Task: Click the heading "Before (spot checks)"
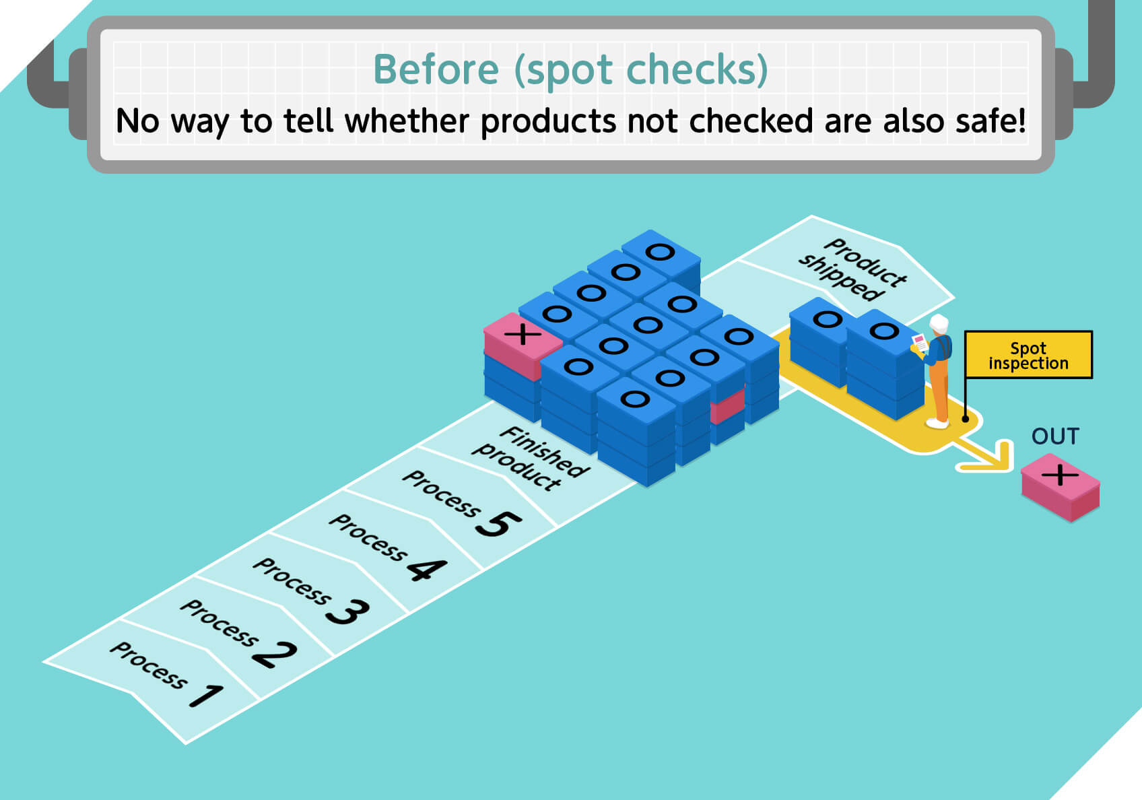pyautogui.click(x=570, y=70)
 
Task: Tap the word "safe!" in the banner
pyautogui.click(x=990, y=121)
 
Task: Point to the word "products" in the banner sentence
pyautogui.click(x=549, y=123)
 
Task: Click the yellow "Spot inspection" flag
pyautogui.click(x=1028, y=355)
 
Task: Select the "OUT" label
pyautogui.click(x=1055, y=436)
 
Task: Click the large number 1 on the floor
pyautogui.click(x=207, y=696)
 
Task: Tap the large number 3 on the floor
pyautogui.click(x=348, y=611)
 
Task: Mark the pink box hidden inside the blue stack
pyautogui.click(x=727, y=406)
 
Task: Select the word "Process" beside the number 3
pyautogui.click(x=292, y=580)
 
